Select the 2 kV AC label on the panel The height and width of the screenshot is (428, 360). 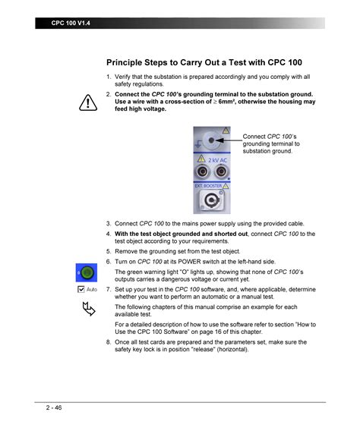(218, 160)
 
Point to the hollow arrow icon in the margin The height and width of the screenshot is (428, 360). (88, 308)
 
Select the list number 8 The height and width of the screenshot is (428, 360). (109, 342)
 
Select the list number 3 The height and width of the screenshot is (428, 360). (109, 224)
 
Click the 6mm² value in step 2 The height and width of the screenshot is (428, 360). (229, 102)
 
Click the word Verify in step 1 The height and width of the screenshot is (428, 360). (124, 77)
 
